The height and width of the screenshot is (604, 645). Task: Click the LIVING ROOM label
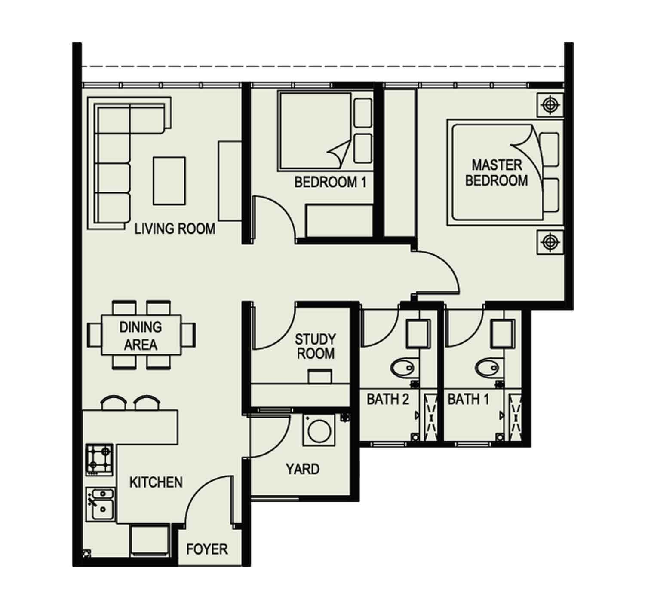175,229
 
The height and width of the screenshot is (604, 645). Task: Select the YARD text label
302,469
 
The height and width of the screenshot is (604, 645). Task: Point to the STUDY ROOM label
315,346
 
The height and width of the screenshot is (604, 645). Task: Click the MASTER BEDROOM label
497,173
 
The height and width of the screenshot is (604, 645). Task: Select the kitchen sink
101,505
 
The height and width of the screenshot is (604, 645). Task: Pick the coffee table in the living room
169,181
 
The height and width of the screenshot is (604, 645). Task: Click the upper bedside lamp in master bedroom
550,105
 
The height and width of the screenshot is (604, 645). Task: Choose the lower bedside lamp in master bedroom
550,242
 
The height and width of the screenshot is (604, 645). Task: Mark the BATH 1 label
468,399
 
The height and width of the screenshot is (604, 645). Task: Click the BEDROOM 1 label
330,182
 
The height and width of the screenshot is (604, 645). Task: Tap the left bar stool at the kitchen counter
113,403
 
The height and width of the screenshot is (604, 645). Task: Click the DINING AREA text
141,336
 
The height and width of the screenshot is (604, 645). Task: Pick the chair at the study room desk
320,376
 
